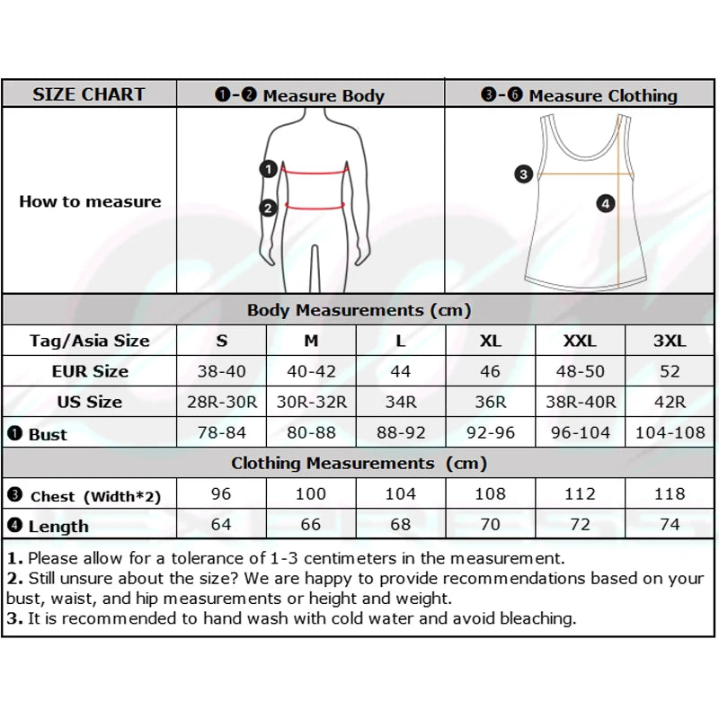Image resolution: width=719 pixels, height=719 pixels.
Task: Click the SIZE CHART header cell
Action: click(89, 94)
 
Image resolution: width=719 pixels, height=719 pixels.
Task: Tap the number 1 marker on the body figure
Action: click(268, 168)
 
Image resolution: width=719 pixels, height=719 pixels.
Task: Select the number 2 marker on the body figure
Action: click(268, 209)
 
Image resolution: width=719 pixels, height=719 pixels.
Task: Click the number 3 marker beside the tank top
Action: click(524, 174)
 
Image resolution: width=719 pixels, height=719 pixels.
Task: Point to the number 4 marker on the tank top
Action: click(606, 204)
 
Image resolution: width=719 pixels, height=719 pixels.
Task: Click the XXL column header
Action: click(580, 341)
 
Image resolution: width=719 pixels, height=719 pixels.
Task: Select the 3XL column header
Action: click(670, 341)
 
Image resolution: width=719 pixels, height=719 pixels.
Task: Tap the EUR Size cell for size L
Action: click(401, 371)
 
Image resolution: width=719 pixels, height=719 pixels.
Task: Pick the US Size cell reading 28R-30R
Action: click(221, 402)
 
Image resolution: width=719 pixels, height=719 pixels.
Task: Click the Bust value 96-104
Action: click(580, 432)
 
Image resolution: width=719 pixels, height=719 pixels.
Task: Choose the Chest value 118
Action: click(670, 493)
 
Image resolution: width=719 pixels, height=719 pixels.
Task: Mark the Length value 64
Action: click(221, 524)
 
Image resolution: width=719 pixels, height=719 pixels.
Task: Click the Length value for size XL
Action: click(491, 524)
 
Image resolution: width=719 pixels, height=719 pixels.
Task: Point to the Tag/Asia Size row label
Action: click(89, 341)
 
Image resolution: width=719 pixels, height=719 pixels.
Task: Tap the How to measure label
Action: click(90, 201)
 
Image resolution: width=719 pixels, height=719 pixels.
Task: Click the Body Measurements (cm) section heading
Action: click(359, 310)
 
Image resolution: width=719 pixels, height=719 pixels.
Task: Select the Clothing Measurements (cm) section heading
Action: click(359, 464)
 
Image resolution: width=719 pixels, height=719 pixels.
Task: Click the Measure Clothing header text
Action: click(602, 95)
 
